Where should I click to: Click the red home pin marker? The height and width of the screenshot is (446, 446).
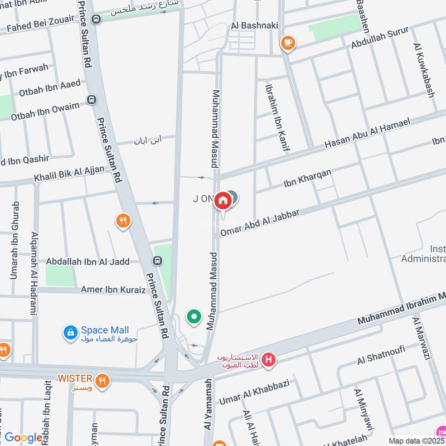223,200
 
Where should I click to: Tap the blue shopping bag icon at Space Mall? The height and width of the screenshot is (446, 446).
70,333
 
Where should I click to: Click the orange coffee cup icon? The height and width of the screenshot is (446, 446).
288,42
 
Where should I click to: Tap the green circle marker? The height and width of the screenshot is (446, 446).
193,317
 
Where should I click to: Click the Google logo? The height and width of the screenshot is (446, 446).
23,438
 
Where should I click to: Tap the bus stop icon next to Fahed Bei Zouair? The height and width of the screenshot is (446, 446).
96,20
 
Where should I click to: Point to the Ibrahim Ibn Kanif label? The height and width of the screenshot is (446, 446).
277,118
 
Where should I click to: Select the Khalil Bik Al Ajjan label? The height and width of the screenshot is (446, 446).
69,173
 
